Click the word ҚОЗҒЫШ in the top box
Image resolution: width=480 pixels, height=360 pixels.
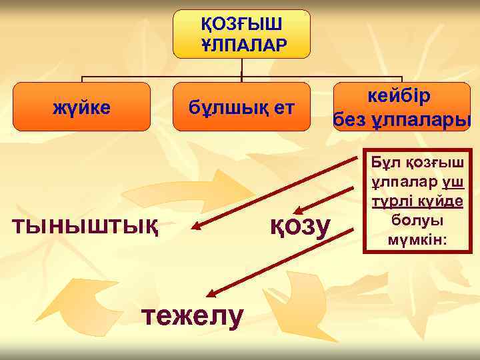[x=241, y=24]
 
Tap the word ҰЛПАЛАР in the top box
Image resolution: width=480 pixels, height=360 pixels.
[x=241, y=44]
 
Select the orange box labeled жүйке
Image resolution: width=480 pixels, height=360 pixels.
[x=81, y=107]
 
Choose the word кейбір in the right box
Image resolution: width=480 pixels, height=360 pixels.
[x=401, y=95]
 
